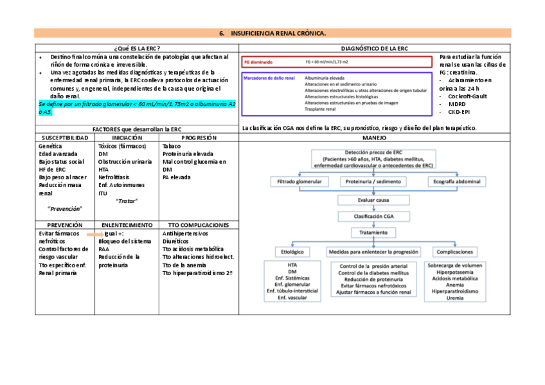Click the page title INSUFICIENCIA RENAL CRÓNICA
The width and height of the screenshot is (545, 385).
[278, 33]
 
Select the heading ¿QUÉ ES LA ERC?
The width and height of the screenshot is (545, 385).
[137, 48]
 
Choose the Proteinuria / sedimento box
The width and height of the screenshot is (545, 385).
[368, 182]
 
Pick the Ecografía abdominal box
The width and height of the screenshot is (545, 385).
[455, 182]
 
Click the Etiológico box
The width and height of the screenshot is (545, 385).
[292, 252]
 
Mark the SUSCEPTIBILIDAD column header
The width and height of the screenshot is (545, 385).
[66, 138]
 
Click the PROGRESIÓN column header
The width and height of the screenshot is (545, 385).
[199, 138]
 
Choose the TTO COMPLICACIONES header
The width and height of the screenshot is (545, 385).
[198, 225]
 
